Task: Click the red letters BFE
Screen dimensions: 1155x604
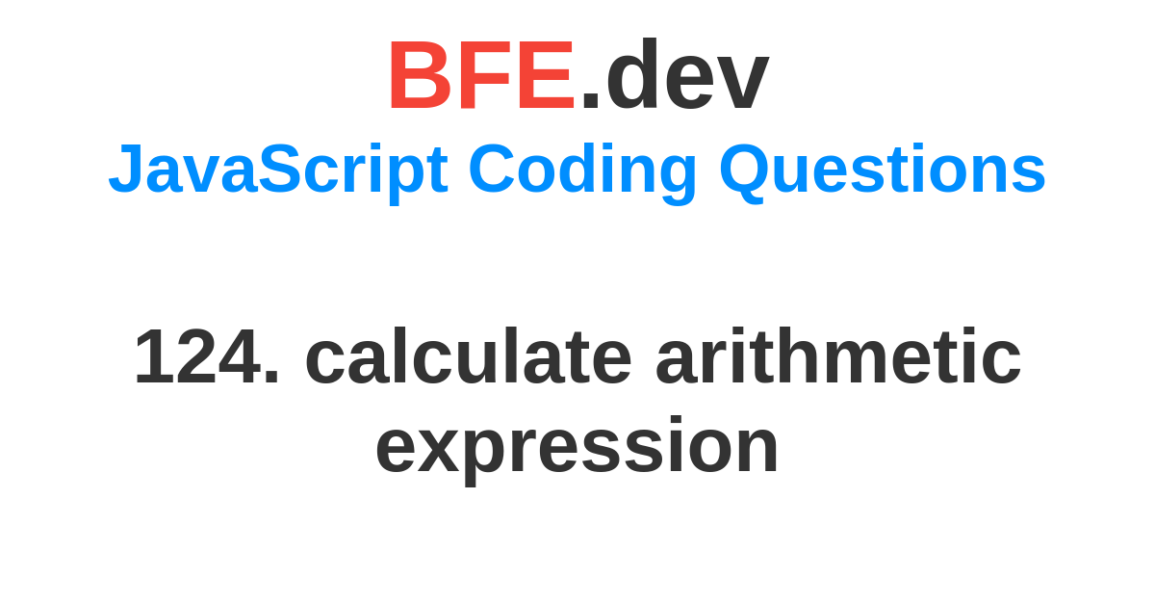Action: click(482, 75)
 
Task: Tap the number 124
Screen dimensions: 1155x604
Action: click(198, 356)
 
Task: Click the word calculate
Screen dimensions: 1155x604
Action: click(469, 356)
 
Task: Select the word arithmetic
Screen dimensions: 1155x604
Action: click(838, 356)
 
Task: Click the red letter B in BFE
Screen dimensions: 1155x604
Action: click(421, 75)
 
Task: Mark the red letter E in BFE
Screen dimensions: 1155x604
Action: click(547, 75)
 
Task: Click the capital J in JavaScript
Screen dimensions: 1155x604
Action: click(124, 168)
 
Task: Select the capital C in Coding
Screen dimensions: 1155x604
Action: click(492, 168)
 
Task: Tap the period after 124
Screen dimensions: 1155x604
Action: click(271, 377)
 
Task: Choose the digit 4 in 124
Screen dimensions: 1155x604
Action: click(240, 356)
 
